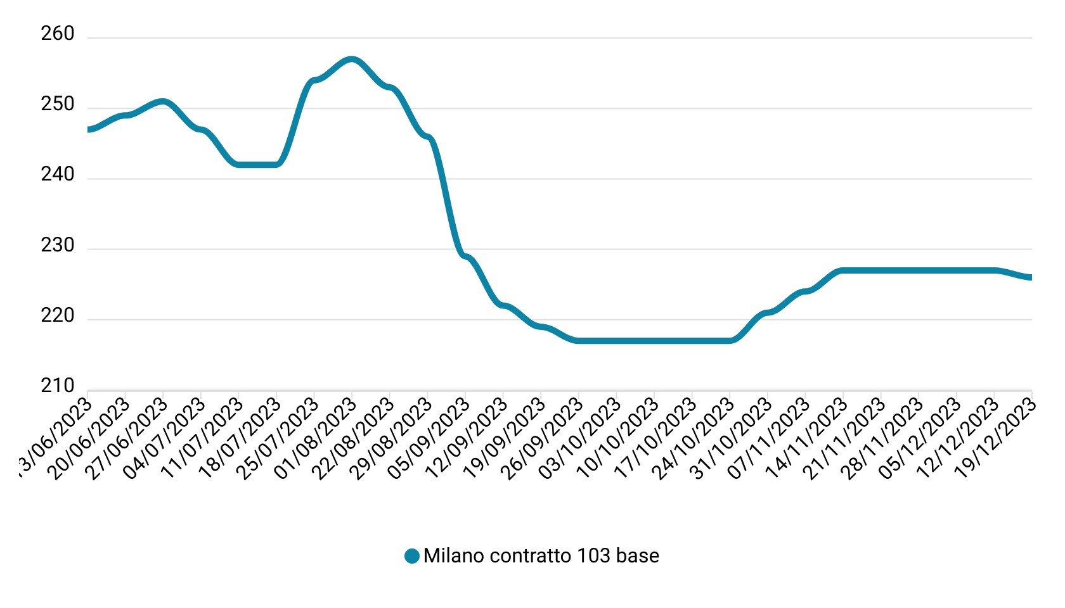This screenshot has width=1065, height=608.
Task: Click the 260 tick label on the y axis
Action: [58, 34]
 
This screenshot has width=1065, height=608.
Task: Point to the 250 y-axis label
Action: [58, 104]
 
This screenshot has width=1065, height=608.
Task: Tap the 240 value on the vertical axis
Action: [58, 174]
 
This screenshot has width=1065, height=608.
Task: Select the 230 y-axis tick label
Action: [58, 245]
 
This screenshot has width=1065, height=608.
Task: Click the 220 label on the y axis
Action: [58, 315]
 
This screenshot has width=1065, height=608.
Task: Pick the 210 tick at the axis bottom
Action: [58, 386]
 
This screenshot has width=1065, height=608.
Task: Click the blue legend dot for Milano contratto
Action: [412, 556]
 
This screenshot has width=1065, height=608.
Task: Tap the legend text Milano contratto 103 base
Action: [541, 556]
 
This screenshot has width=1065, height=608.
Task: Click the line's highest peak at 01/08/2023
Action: [352, 60]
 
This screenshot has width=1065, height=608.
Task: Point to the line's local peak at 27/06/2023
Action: [163, 101]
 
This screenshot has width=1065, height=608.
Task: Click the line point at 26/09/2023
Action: [578, 341]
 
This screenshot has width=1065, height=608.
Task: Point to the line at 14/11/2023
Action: [843, 270]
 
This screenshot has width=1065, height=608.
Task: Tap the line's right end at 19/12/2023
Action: [1031, 277]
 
